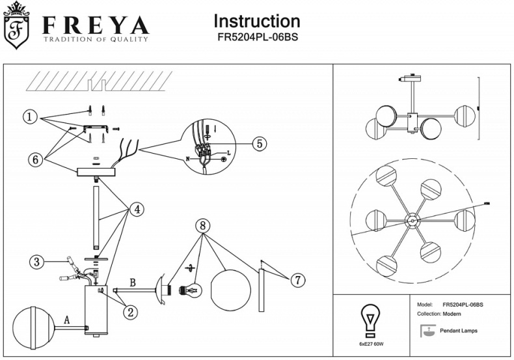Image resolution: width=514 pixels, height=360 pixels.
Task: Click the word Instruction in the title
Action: pos(257,21)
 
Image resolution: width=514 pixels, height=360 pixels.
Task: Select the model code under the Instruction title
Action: pos(257,38)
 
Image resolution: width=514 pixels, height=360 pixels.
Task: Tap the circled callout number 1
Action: pos(29,117)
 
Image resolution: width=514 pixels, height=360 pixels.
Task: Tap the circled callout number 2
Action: pos(130,312)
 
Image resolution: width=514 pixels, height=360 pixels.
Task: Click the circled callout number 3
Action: pos(38,262)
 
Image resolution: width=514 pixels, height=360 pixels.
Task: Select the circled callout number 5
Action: pos(258,144)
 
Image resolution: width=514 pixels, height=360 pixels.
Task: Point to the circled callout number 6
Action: pos(37,159)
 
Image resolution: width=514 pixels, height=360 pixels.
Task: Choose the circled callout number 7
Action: pos(297,281)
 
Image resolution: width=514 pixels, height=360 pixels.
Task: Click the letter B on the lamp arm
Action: pos(133,283)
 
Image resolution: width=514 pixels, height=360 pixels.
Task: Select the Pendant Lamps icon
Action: pos(427,331)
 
